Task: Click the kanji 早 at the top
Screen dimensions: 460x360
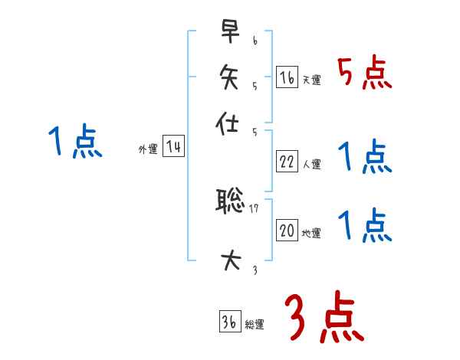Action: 231,32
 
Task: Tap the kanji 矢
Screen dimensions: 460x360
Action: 231,77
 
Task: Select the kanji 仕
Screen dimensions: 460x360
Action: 231,123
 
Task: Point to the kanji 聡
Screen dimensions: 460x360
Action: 231,201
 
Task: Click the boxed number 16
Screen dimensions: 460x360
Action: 287,77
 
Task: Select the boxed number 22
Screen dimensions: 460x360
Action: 287,162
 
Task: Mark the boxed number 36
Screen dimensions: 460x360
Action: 229,322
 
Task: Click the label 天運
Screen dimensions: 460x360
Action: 311,80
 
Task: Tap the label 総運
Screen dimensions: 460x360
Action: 255,325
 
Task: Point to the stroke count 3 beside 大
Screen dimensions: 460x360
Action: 255,270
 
